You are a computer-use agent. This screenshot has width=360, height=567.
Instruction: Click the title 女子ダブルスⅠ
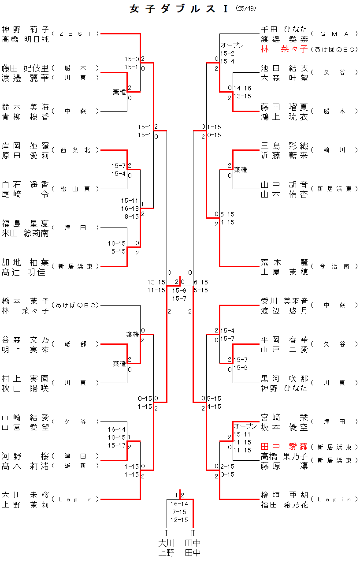point(179,9)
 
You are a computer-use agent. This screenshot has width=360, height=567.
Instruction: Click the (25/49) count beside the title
point(246,8)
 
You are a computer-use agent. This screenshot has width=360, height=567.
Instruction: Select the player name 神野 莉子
point(25,30)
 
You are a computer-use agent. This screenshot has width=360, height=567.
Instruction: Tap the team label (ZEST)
point(75,34)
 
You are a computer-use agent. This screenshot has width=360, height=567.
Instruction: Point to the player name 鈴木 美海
point(25,107)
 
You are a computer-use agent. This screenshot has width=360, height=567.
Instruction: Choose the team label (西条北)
point(75,150)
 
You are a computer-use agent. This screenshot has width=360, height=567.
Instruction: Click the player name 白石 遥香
point(25,185)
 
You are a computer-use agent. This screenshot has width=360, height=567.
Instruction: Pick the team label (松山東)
point(75,189)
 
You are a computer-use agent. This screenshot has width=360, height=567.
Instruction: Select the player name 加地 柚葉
point(25,262)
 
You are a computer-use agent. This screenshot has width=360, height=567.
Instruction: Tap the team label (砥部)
point(75,344)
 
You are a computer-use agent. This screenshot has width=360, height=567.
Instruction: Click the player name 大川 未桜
point(25,495)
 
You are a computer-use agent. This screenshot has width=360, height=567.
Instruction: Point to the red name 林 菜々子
point(284,49)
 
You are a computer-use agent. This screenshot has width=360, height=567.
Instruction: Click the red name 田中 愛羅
point(284,447)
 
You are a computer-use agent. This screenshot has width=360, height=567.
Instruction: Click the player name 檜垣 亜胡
point(284,495)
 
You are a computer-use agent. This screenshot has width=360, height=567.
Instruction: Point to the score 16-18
point(130,208)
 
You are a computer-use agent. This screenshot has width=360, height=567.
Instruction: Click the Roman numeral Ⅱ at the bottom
point(193,533)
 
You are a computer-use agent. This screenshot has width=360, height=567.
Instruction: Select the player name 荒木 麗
point(284,262)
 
